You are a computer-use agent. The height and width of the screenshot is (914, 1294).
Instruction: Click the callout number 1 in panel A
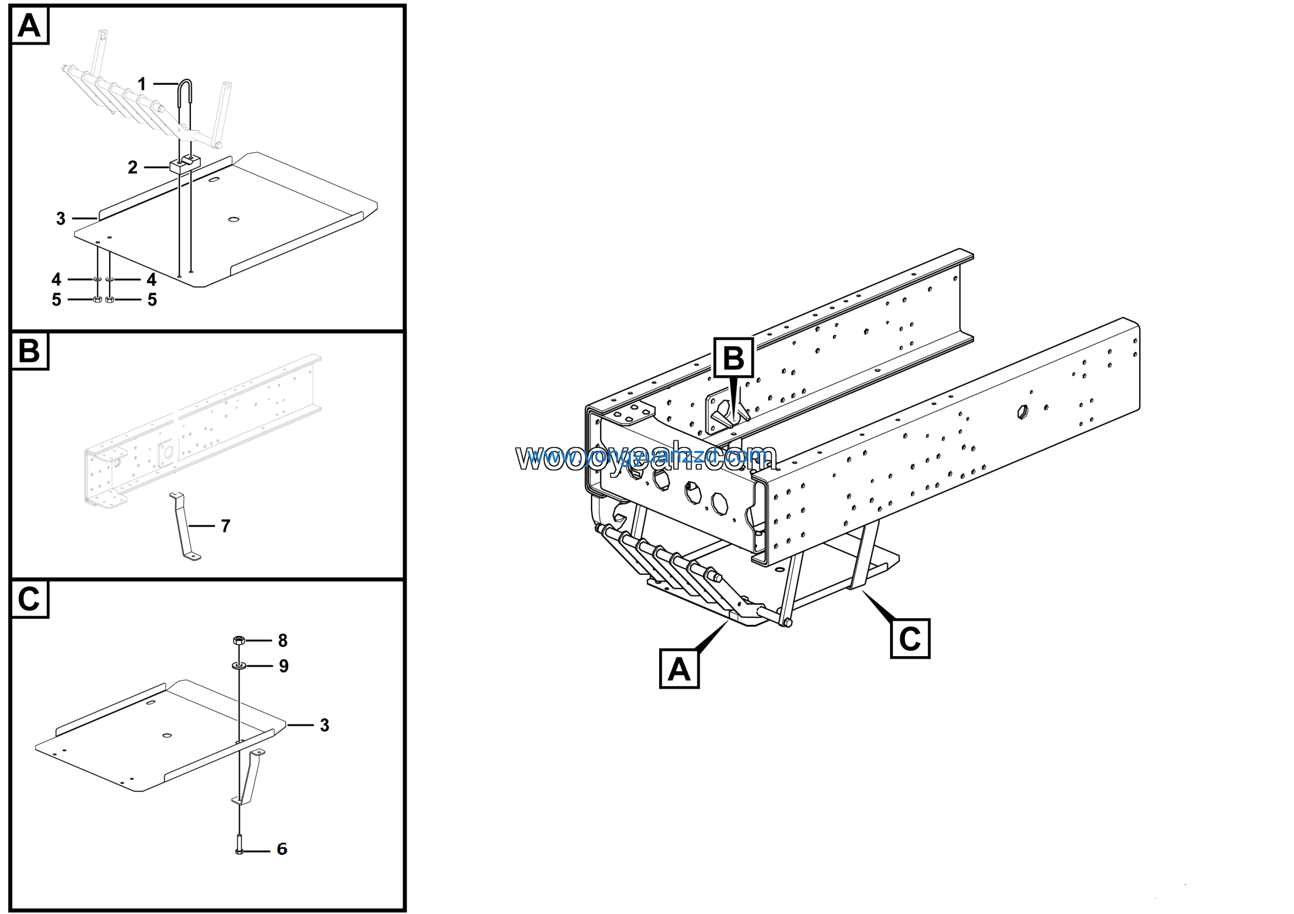pyautogui.click(x=142, y=84)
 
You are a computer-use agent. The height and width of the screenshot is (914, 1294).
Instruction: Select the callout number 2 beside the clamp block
pyautogui.click(x=132, y=167)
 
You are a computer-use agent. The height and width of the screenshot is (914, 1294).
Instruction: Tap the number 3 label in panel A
pyautogui.click(x=61, y=218)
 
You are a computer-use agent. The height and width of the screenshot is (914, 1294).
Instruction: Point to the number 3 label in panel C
pyautogui.click(x=325, y=725)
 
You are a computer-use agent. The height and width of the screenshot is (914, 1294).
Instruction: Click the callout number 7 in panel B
pyautogui.click(x=225, y=526)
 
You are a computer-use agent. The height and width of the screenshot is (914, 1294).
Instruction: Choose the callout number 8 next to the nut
pyautogui.click(x=283, y=641)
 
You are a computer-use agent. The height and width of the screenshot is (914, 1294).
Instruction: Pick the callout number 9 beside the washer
pyautogui.click(x=284, y=667)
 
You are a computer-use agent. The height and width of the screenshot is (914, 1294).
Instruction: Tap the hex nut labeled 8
pyautogui.click(x=239, y=641)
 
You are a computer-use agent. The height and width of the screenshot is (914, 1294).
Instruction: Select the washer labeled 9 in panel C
pyautogui.click(x=239, y=667)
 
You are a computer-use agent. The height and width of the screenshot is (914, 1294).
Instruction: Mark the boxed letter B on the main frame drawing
pyautogui.click(x=733, y=358)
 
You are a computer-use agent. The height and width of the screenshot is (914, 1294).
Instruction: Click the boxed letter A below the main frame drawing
pyautogui.click(x=679, y=669)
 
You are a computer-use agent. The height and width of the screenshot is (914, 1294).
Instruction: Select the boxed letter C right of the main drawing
pyautogui.click(x=910, y=638)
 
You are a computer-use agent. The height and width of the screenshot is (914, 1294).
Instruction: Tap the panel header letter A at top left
pyautogui.click(x=29, y=25)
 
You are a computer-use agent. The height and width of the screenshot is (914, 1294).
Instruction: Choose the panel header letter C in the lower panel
pyautogui.click(x=29, y=599)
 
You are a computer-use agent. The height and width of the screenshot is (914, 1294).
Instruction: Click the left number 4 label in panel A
pyautogui.click(x=56, y=280)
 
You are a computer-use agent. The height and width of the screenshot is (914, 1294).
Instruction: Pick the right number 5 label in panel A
pyautogui.click(x=152, y=300)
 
